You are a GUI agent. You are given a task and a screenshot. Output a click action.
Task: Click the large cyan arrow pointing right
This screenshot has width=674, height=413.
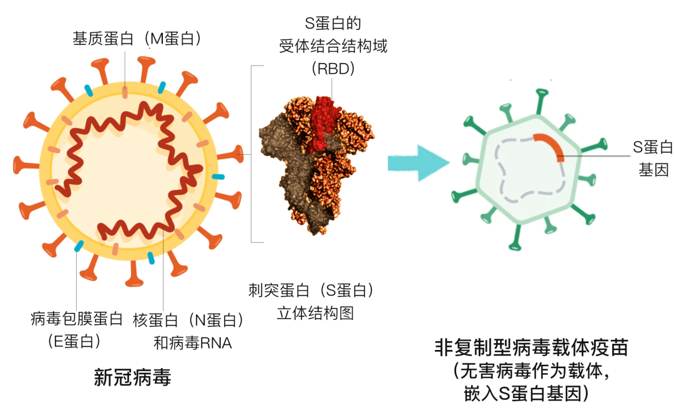(x=418, y=163)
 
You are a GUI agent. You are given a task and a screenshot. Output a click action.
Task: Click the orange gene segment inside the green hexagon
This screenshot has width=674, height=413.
(x=550, y=146)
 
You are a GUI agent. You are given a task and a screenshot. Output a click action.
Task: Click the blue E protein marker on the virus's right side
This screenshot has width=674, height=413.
(x=218, y=177)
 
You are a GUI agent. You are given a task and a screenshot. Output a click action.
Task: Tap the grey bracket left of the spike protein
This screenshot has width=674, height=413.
(x=252, y=153)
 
